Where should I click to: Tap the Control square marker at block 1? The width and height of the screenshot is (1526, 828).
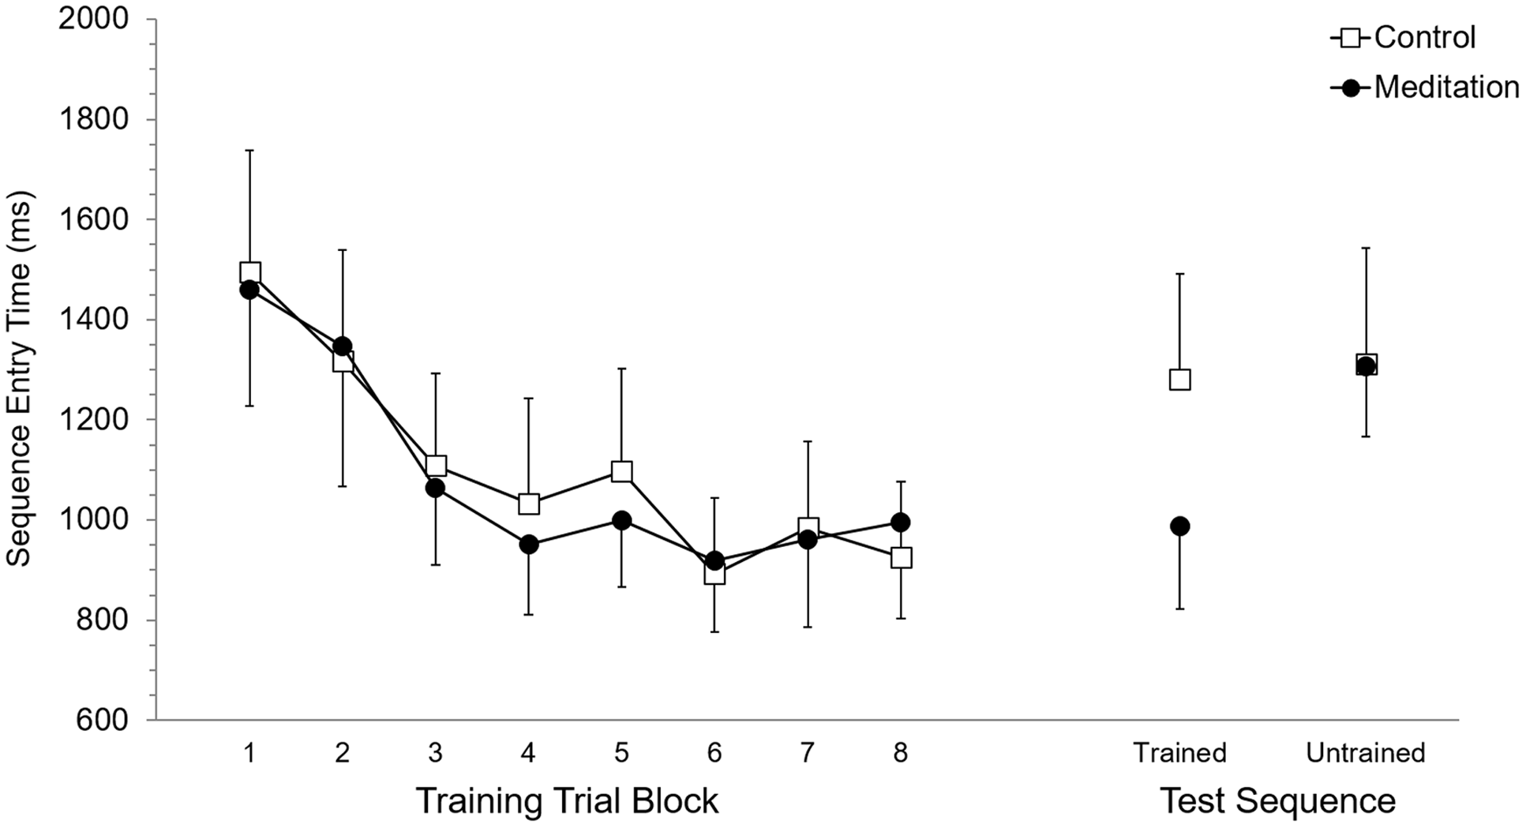point(249,273)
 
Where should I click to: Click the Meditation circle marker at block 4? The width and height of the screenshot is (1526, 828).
point(528,545)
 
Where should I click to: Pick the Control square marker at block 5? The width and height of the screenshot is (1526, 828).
point(621,472)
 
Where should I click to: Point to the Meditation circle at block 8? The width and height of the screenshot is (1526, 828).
point(900,523)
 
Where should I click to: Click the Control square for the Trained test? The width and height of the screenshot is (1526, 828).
point(1179,380)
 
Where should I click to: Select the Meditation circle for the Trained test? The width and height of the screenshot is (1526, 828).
point(1179,526)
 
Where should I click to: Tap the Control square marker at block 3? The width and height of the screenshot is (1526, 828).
point(436,466)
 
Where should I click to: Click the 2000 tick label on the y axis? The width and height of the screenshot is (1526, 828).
point(93,19)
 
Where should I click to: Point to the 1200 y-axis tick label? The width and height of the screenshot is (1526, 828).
point(93,420)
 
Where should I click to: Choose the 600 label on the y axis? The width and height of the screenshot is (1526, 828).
point(103,720)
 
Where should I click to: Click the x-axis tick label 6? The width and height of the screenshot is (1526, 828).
point(714,754)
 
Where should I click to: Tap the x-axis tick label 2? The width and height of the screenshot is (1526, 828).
point(342,754)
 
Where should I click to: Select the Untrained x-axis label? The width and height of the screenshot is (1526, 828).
point(1365,754)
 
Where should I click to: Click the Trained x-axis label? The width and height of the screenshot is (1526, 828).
point(1179,754)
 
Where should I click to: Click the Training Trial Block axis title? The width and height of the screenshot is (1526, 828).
point(567,800)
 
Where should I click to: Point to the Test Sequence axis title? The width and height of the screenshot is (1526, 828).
point(1277,800)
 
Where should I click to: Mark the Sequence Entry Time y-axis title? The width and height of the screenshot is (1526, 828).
point(19,379)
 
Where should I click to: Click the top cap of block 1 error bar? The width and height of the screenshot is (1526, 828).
point(249,150)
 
